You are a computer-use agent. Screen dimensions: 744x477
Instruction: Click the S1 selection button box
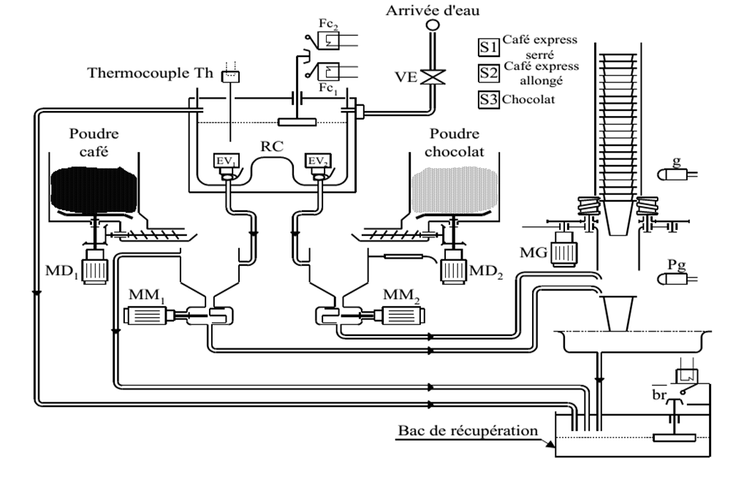pyautogui.click(x=488, y=47)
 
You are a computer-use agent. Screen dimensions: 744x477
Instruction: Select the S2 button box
pyautogui.click(x=488, y=73)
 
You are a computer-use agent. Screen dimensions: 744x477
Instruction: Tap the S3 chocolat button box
pyautogui.click(x=488, y=99)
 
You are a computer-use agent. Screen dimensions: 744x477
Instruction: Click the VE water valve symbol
pyautogui.click(x=433, y=77)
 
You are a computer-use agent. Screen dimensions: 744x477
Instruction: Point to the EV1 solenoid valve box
pyautogui.click(x=226, y=161)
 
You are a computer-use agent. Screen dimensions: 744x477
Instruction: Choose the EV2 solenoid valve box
pyautogui.click(x=318, y=161)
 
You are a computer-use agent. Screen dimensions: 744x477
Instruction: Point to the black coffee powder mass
pyautogui.click(x=94, y=190)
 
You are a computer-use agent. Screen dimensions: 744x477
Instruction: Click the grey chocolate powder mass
pyautogui.click(x=455, y=190)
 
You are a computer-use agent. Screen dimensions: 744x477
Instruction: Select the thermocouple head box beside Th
pyautogui.click(x=231, y=77)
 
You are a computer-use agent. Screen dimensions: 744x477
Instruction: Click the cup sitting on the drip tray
pyautogui.click(x=618, y=313)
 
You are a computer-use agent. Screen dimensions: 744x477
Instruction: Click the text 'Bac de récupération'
pyautogui.click(x=468, y=430)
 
